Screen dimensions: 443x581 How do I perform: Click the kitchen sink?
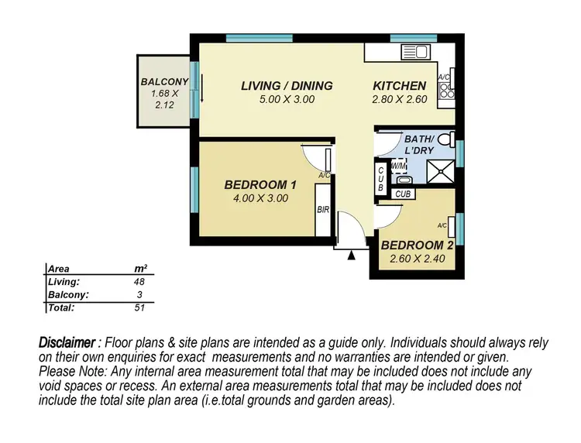click(410, 53)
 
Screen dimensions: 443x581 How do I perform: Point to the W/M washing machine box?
click(398, 166)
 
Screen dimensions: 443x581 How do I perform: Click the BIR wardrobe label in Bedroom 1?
click(323, 210)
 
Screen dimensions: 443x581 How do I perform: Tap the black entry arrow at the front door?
click(352, 254)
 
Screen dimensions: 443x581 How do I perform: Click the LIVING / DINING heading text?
click(287, 86)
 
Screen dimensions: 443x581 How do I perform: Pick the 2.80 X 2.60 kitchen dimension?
click(400, 99)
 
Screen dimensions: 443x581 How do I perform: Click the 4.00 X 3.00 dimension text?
click(260, 198)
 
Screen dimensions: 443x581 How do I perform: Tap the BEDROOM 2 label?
click(413, 246)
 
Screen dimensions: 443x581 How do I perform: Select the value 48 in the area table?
click(140, 282)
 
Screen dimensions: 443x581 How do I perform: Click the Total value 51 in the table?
click(140, 307)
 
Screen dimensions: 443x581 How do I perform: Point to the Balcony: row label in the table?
click(68, 295)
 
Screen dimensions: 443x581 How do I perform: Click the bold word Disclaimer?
click(70, 342)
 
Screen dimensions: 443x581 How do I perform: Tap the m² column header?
click(140, 269)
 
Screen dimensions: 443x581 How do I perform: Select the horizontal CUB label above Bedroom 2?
click(403, 195)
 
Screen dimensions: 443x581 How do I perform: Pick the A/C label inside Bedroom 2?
click(442, 225)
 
